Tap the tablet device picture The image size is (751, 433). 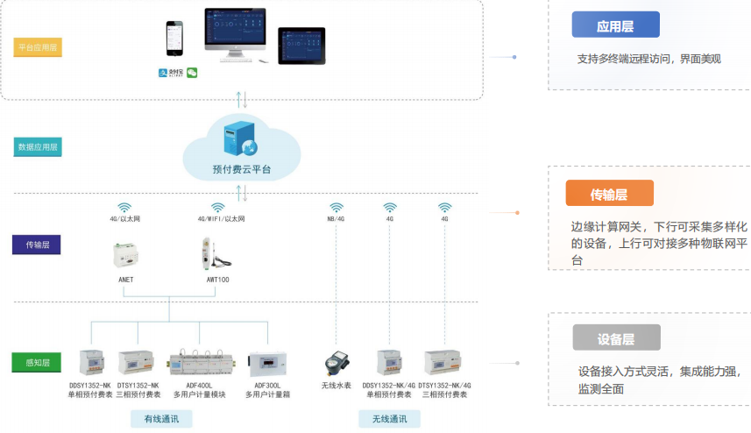pos(301,45)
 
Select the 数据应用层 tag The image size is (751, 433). pos(38,147)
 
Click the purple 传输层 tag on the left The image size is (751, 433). pos(37,245)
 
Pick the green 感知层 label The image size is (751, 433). pos(36,361)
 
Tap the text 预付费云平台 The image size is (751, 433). pos(241,169)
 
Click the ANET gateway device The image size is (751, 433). pos(125,255)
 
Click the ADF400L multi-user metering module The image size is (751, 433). pos(197,362)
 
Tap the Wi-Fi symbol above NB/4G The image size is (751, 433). pos(336,208)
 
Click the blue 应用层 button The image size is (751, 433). pos(615,25)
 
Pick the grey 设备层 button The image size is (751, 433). pos(616,337)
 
